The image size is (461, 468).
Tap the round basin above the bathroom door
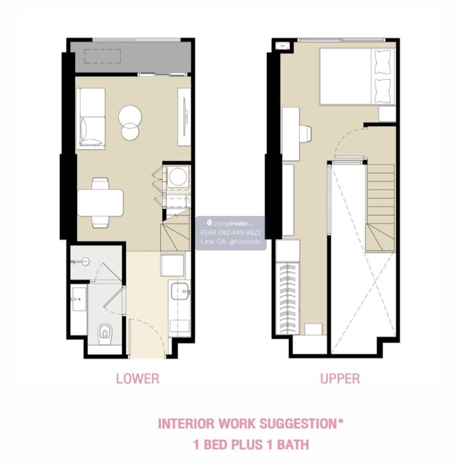(x=85, y=262)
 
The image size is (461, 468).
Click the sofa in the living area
(x=91, y=118)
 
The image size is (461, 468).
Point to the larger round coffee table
(x=130, y=116)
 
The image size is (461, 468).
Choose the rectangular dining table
(x=100, y=203)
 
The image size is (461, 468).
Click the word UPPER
(x=340, y=378)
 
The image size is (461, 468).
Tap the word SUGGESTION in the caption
(x=301, y=423)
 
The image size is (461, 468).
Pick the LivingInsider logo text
(x=231, y=223)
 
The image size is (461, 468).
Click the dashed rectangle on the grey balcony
(x=103, y=56)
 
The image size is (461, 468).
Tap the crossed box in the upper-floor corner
(x=282, y=45)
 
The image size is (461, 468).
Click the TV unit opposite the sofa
(x=184, y=117)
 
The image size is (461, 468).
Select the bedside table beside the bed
(x=387, y=114)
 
